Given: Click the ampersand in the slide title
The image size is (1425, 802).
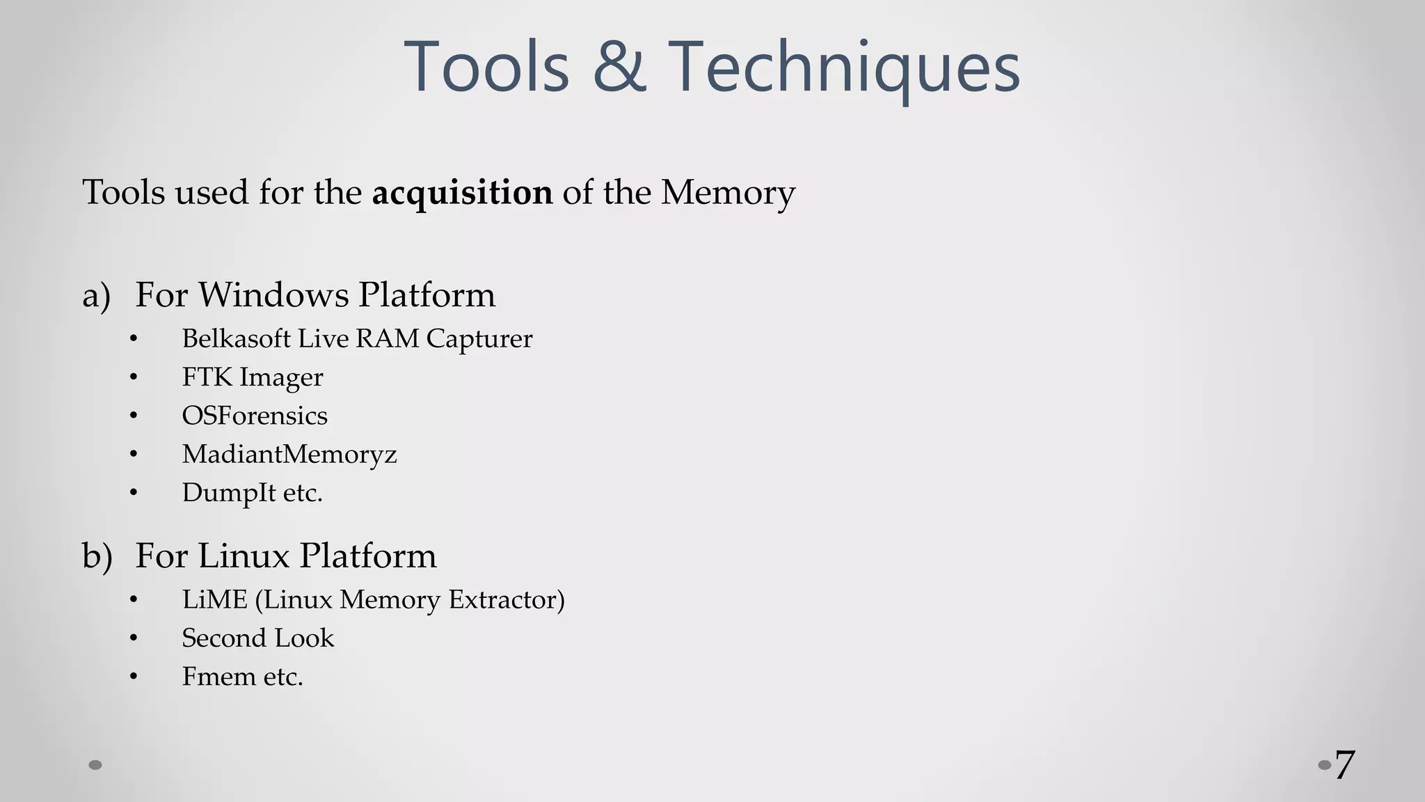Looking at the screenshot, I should [x=619, y=67].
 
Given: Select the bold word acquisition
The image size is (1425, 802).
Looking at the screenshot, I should [x=462, y=193].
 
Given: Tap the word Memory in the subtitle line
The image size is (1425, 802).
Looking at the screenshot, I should [x=727, y=193].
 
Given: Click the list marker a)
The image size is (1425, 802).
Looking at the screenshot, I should [x=96, y=295].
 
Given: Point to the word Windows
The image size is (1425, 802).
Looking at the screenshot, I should [x=273, y=294].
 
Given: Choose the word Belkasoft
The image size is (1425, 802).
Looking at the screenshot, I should [x=236, y=338].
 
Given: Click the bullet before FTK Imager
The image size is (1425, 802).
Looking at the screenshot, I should [x=134, y=377].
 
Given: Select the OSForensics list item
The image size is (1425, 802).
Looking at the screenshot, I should [x=255, y=416].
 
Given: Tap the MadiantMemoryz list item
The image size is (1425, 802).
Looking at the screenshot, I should [x=289, y=454].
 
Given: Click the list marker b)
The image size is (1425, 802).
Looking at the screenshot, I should [x=97, y=556].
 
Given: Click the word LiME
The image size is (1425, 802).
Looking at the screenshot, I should [x=214, y=599].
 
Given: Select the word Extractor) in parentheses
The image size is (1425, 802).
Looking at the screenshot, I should [x=506, y=599].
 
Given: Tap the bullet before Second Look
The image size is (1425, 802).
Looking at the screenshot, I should [x=134, y=638].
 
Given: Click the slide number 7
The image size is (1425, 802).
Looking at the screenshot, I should [x=1344, y=765].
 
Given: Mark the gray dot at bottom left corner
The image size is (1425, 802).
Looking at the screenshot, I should [x=95, y=765].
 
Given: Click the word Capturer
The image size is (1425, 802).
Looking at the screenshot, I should [x=479, y=338].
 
